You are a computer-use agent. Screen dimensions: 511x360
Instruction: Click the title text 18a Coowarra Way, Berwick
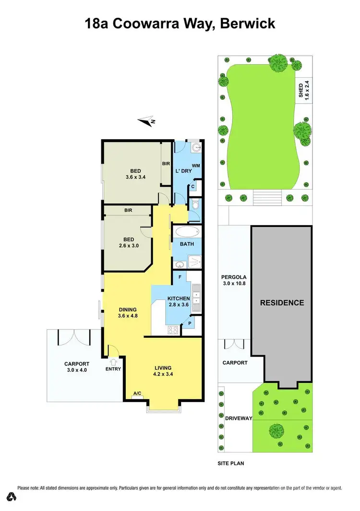[180, 24]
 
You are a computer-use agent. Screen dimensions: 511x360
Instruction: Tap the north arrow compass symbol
[147, 121]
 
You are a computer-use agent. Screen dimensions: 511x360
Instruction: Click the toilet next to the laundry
[195, 205]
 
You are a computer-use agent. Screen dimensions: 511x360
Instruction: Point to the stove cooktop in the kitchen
[173, 330]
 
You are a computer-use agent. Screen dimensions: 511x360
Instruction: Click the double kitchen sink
[196, 295]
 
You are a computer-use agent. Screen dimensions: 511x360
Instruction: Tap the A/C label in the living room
[137, 394]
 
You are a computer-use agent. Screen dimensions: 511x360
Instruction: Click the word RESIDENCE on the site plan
[282, 303]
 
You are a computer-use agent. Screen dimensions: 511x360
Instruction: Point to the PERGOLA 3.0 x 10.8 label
[234, 281]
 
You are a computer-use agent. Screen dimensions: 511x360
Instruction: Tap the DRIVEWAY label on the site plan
[239, 418]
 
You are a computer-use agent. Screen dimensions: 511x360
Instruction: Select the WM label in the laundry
[196, 166]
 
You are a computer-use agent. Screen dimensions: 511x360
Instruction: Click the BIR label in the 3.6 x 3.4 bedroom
[166, 164]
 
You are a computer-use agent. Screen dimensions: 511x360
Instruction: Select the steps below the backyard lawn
[266, 197]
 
